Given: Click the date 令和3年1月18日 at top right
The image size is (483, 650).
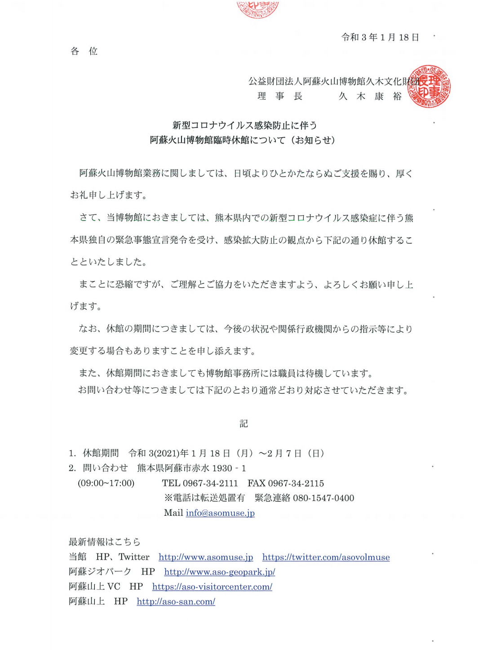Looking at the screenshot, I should coord(380,37).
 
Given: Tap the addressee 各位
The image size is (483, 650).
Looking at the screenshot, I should coord(84,51).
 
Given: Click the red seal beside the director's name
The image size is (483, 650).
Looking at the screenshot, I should coord(429,87).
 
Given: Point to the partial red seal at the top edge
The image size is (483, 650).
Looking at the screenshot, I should coord(257,8).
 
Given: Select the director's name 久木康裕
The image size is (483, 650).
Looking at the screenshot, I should coord(370,96).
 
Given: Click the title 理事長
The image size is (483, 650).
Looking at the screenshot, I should coord(279,96).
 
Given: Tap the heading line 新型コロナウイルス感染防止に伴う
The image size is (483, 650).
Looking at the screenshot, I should coord(244,125).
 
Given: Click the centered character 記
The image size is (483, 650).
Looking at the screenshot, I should coord(243,423).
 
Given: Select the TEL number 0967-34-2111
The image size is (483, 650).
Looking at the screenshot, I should coord(210,483).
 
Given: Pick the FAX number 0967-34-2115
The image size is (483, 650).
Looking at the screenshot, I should coord(296,483).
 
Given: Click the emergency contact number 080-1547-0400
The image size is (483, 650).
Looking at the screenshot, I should coord(323,498).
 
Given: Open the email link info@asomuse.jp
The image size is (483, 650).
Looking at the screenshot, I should coord(220,513).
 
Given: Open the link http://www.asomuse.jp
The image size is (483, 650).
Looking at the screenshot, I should coord(206,557).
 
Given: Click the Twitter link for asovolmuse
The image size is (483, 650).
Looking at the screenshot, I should coord(326,557).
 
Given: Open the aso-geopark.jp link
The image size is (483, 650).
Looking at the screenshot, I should coord(219,572).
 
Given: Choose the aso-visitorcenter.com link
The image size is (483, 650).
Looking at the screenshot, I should coord(212,587).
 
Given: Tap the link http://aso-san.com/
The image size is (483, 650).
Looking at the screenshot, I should coord(176,602).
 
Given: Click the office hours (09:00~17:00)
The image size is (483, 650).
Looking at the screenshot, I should coord(106,483).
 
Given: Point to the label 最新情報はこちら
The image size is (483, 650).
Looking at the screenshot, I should coord(105,542).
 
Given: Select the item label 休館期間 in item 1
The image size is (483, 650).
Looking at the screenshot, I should coord(101,453).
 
